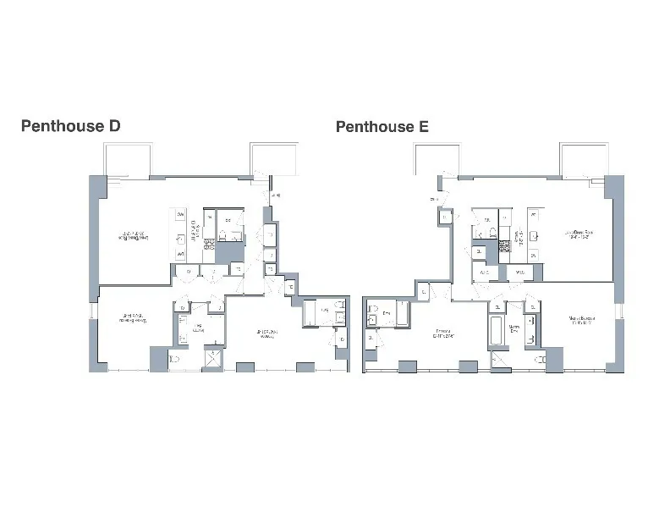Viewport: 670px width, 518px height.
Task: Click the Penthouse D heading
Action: click(x=71, y=127)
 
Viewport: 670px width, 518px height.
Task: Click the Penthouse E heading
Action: click(x=382, y=127)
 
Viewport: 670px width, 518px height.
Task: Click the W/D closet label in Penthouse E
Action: click(x=519, y=273)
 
